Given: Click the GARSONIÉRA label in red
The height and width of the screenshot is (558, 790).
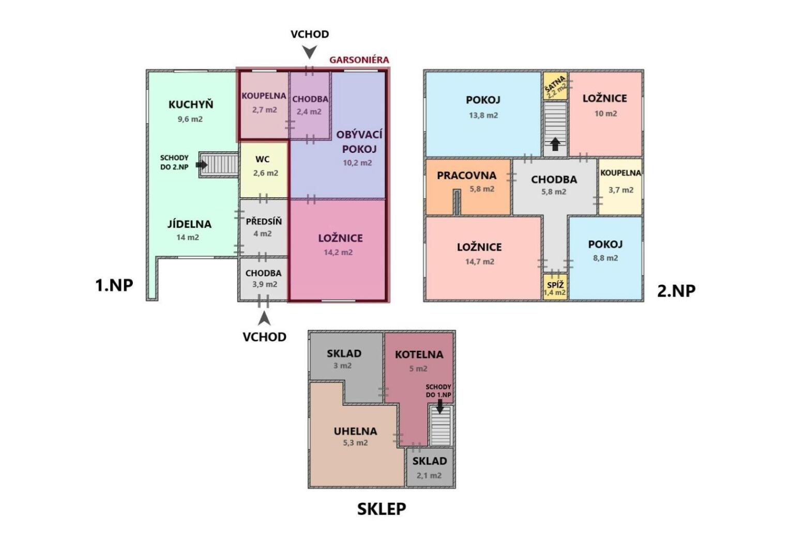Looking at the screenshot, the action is tap(359, 60).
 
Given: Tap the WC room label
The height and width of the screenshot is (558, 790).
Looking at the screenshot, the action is tap(263, 159).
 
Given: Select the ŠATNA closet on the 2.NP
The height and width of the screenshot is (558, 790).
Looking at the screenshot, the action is tap(555, 86).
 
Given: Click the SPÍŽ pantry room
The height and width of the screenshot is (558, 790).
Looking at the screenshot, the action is tap(555, 287).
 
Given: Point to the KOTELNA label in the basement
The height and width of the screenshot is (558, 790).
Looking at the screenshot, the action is tap(419, 354).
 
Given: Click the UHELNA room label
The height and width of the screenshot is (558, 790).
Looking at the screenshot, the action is tap(356, 431).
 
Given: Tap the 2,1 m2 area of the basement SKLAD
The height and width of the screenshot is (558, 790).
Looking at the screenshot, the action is tap(429, 475).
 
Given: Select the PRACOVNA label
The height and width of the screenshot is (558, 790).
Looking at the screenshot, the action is tap(466, 175).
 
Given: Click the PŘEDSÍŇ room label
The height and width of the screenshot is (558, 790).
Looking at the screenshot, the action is tap(264, 221).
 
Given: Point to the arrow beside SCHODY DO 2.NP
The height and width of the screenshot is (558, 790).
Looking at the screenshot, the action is tap(202, 165).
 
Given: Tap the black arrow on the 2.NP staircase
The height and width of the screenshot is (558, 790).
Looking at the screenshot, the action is tap(555, 144).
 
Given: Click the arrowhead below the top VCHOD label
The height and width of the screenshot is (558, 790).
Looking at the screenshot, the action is tap(310, 52).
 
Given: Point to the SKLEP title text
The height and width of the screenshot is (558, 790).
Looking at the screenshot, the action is tap(382, 509).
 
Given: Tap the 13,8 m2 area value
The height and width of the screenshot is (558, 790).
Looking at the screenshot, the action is tap(483, 115).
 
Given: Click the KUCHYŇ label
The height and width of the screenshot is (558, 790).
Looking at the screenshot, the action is tap(191, 104).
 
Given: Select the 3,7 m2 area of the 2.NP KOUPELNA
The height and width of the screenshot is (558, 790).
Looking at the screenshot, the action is tap(621, 190).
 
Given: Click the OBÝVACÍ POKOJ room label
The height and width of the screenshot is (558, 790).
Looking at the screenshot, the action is tap(359, 142).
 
